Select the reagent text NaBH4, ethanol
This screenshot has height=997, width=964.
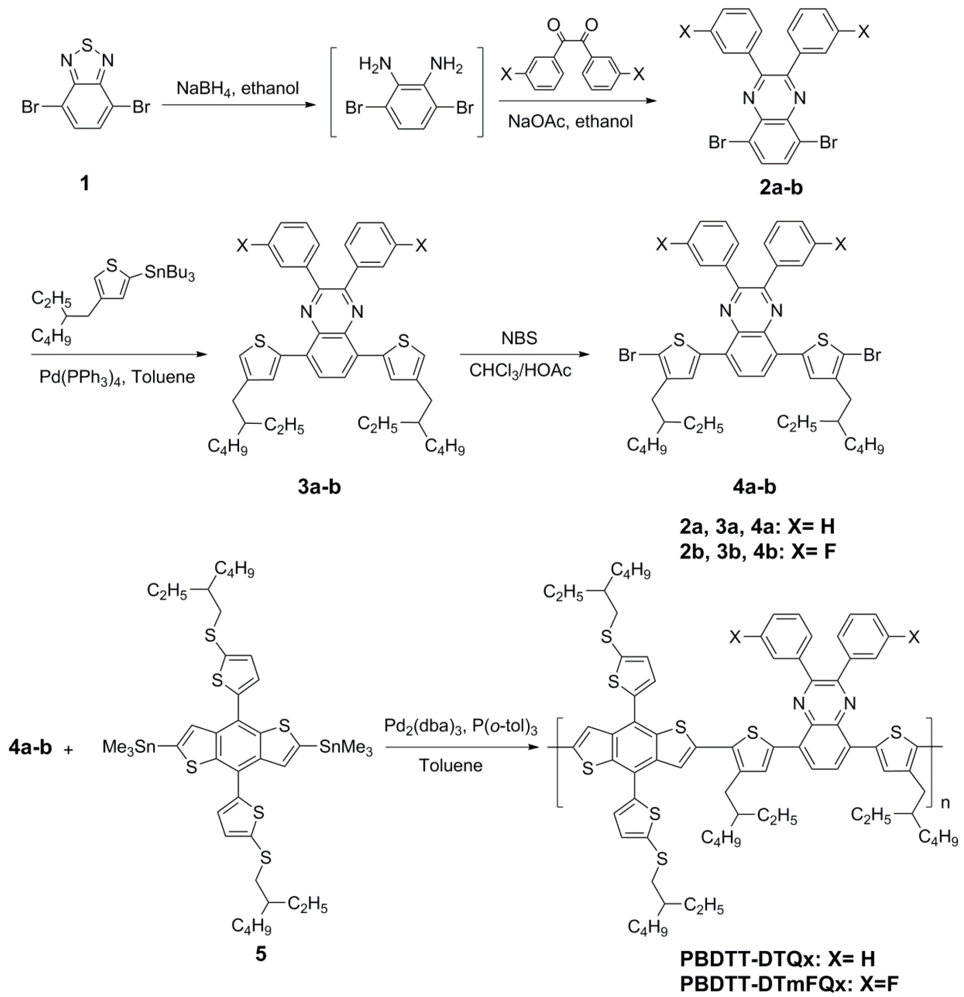coord(238,88)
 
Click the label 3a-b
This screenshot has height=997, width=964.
coord(319,487)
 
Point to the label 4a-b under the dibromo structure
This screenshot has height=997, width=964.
coord(754,487)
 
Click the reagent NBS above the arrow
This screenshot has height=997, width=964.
coord(520,338)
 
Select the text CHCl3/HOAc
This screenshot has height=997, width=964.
coord(520,370)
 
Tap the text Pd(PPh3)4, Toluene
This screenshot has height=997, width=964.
coord(117,377)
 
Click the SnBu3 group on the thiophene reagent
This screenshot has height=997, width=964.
coord(170,273)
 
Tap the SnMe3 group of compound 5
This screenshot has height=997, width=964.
coord(346,748)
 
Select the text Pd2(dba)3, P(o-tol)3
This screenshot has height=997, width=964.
coord(460,725)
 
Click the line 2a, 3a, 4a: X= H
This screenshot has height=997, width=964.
coord(757,527)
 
